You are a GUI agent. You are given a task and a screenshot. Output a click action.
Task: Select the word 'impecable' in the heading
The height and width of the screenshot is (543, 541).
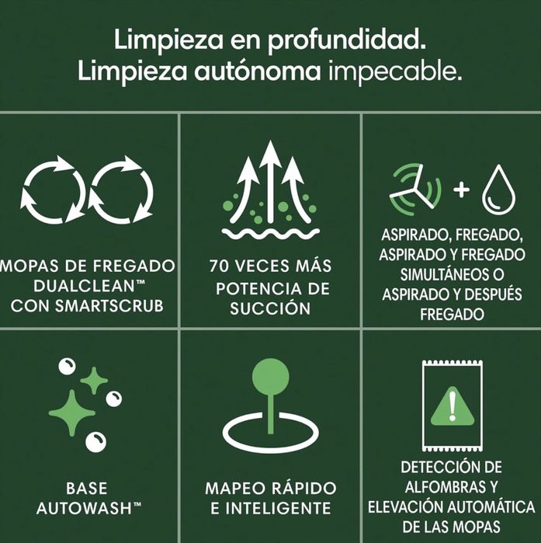395,73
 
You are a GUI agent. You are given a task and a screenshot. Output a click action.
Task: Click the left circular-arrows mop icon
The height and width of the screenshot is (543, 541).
53,190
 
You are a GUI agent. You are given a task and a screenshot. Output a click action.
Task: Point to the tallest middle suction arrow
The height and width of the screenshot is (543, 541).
270,179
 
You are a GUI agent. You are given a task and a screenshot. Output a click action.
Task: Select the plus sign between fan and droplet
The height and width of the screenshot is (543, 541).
461,190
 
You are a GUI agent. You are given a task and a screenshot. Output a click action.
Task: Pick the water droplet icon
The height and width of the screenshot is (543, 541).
498,191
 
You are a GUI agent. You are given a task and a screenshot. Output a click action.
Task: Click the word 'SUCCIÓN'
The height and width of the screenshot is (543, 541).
270,308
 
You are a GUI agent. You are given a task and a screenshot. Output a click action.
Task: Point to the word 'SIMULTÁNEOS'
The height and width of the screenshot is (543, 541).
452,276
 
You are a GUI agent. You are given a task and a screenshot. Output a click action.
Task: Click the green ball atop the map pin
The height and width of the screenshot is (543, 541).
270,376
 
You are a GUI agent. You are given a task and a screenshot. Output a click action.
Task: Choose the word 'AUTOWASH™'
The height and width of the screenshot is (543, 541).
87,510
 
